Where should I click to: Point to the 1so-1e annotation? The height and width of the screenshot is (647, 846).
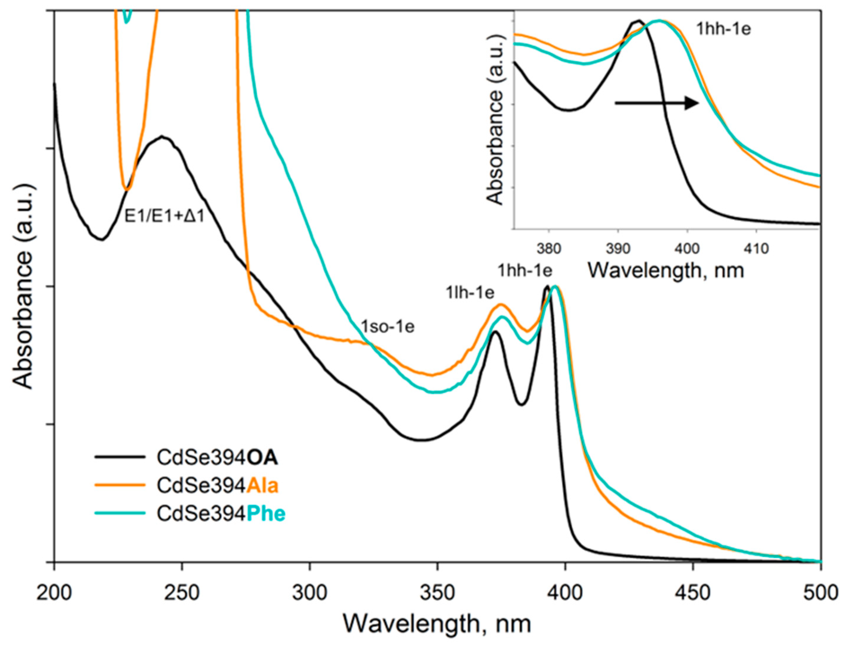[x=387, y=326]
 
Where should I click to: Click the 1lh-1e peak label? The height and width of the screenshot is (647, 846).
[x=470, y=293]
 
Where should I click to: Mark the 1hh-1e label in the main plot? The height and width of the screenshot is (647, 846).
[x=525, y=271]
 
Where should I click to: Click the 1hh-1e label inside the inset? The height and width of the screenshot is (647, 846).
[x=724, y=29]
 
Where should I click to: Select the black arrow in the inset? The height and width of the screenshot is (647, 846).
[x=656, y=103]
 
